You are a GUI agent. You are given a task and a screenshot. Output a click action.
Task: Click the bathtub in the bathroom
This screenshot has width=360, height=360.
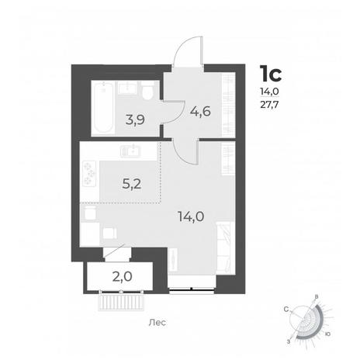tap(103, 108)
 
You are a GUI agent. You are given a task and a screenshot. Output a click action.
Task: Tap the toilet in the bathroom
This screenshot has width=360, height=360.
tap(148, 91)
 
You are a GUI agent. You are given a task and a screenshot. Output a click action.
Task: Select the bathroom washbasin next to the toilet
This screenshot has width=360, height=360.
tap(128, 88)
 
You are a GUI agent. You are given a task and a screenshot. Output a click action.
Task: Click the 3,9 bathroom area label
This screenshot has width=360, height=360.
tap(135, 120)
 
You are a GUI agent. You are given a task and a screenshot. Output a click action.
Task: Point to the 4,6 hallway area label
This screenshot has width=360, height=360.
tap(200, 112)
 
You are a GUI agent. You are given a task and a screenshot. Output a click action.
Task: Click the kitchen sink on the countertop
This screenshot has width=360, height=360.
tap(130, 151)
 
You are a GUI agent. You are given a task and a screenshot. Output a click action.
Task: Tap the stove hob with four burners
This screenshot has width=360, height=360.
tap(89, 173)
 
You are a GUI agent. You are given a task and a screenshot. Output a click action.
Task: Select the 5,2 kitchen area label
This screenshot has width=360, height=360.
tap(132, 184)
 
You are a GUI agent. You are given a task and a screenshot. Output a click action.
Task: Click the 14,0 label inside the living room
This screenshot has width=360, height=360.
tap(191, 216)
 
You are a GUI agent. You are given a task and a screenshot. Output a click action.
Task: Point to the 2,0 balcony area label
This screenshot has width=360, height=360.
tap(123, 277)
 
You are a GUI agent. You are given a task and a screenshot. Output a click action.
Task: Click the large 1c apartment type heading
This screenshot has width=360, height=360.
tap(271, 74)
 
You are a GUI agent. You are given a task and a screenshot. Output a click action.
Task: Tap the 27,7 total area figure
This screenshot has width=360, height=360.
tap(269, 106)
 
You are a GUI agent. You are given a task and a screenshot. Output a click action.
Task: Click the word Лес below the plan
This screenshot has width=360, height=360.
tap(157, 323)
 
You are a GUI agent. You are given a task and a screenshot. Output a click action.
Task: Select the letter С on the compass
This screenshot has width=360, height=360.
tap(286, 309)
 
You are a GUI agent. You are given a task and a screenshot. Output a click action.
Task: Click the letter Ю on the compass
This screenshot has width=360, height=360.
tap(327, 334)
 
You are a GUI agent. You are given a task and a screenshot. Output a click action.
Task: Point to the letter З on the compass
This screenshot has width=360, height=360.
tap(289, 342)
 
